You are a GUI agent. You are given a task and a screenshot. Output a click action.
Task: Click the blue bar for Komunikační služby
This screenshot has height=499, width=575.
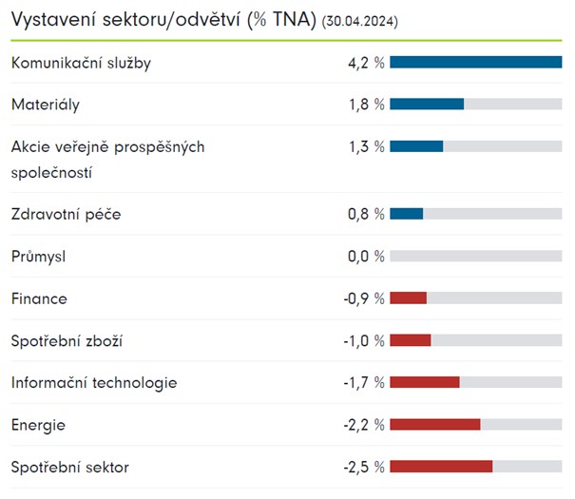pos(475,63)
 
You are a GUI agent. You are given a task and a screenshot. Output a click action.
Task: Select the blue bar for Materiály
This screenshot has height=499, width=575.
pos(427,104)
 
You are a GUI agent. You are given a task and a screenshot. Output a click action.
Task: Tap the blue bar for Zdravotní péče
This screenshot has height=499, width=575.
pos(406,214)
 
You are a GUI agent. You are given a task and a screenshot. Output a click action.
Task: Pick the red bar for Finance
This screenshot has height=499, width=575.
pos(408,298)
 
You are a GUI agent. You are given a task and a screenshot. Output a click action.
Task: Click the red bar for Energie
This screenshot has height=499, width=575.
pos(434,425)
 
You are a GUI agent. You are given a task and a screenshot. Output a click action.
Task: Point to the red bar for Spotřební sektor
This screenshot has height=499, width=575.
pos(441,467)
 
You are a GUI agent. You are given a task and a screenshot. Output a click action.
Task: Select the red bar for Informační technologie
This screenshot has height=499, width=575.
pos(424,382)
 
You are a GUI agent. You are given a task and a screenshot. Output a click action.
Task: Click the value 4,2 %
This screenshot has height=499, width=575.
pos(366,64)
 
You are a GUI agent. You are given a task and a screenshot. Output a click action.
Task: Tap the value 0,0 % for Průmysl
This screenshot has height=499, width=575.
pos(366,257)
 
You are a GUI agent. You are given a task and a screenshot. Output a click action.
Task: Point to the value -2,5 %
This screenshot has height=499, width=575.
pos(364,468)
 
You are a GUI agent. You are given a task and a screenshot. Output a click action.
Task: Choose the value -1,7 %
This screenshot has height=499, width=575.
pos(364,383)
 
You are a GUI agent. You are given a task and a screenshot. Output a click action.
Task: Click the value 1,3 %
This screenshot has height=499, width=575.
pos(366,147)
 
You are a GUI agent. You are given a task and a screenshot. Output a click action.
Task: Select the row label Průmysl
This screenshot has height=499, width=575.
pos(38,257)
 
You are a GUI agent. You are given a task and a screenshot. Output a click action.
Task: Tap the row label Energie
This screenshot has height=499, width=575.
pos(38,425)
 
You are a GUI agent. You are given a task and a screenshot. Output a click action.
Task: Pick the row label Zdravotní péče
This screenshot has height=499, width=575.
pos(66,215)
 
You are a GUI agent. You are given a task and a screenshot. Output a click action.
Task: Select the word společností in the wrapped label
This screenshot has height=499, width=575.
pos(51,174)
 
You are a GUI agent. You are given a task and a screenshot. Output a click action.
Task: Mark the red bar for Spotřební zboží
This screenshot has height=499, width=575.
pos(410,340)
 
